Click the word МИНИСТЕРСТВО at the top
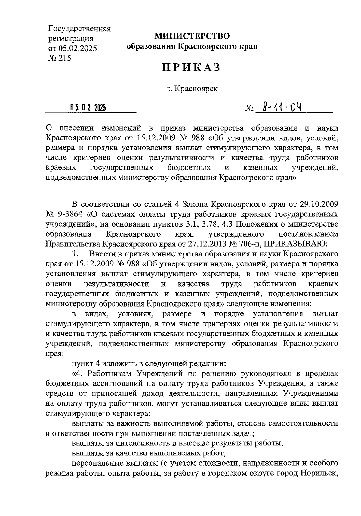click(192, 36)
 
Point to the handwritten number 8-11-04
click(282, 107)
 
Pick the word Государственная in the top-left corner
click(79, 29)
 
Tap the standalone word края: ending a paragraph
click(54, 354)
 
